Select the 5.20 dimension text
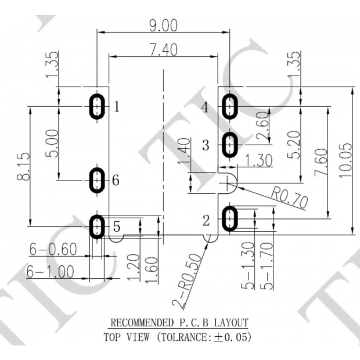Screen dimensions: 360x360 294,145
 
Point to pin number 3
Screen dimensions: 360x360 205,145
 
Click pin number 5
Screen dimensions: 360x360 116,226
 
